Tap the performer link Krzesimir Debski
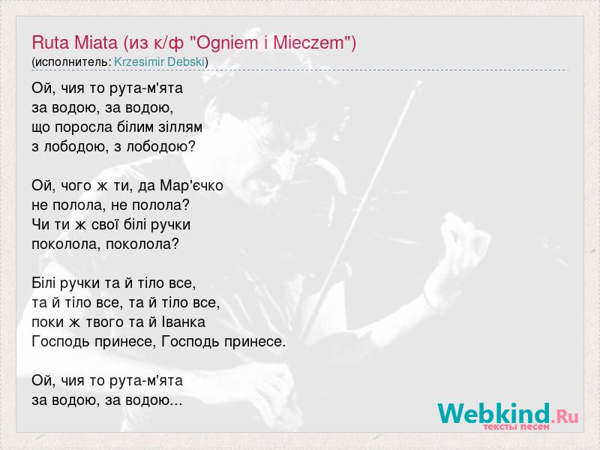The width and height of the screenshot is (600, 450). pyautogui.click(x=159, y=61)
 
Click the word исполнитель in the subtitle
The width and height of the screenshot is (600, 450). pyautogui.click(x=72, y=61)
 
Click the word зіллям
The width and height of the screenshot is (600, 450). pyautogui.click(x=181, y=127)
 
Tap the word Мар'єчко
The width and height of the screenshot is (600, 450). pyautogui.click(x=192, y=185)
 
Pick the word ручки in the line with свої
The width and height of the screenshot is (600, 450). pyautogui.click(x=171, y=225)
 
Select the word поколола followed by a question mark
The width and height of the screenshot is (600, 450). pyautogui.click(x=138, y=244)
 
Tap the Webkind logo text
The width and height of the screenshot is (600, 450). pyautogui.click(x=494, y=413)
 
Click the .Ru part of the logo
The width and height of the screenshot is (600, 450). pyautogui.click(x=565, y=415)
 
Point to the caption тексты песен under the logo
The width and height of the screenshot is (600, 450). pyautogui.click(x=516, y=426)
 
